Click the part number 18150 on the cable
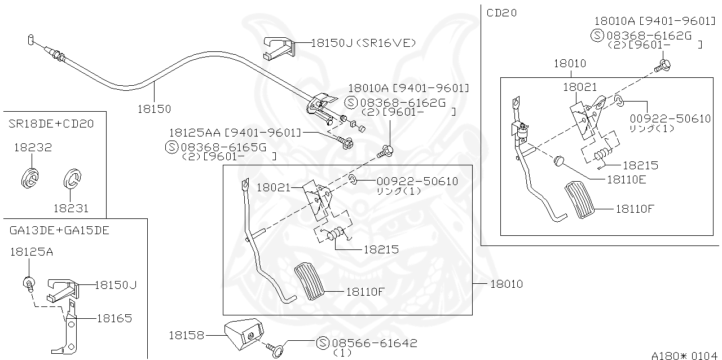[x=154, y=108]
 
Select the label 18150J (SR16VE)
[x=363, y=42]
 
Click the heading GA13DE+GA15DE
[x=59, y=230]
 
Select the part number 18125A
[x=31, y=252]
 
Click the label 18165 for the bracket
[x=114, y=318]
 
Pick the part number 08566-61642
[x=374, y=343]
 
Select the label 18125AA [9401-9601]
[x=235, y=133]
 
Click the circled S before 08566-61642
[x=323, y=343]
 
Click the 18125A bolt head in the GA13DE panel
[x=27, y=282]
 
